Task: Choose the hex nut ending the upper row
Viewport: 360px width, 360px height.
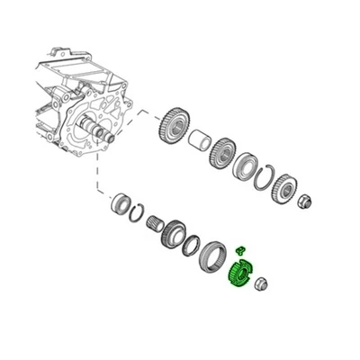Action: (306, 201)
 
